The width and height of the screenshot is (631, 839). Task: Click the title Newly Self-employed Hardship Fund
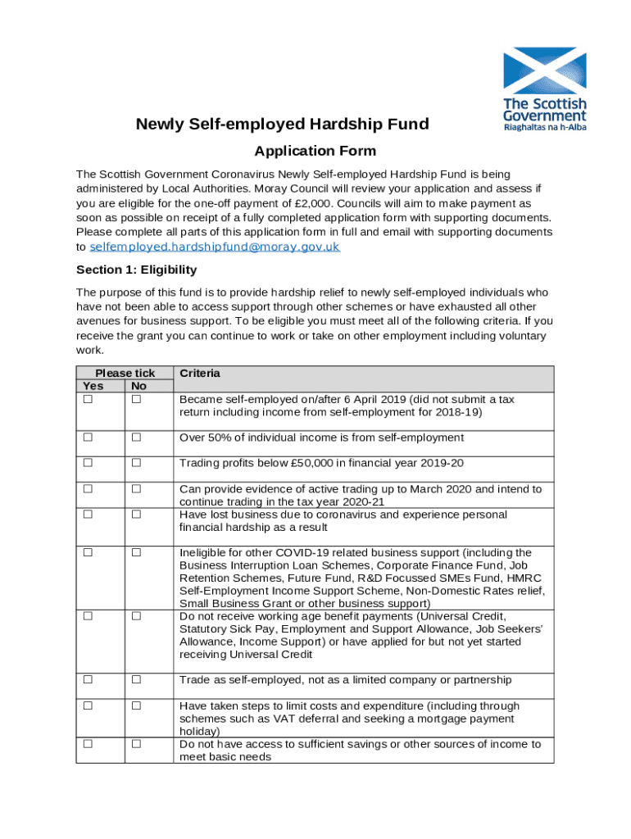pyautogui.click(x=282, y=125)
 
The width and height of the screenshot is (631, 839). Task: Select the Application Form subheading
pyautogui.click(x=315, y=151)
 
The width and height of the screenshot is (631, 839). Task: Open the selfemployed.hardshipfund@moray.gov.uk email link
pyautogui.click(x=214, y=247)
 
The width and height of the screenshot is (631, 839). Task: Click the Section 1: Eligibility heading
pyautogui.click(x=136, y=270)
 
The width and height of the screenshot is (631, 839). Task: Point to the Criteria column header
pyautogui.click(x=200, y=373)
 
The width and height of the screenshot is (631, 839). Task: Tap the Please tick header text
pyautogui.click(x=125, y=373)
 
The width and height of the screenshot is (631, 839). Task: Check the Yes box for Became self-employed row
pyautogui.click(x=87, y=399)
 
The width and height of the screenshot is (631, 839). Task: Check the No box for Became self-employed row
pyautogui.click(x=137, y=399)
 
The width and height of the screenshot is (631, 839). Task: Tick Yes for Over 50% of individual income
pyautogui.click(x=87, y=438)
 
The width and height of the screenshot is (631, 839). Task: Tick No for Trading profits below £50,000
pyautogui.click(x=137, y=463)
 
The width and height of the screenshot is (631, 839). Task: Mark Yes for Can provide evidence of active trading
pyautogui.click(x=87, y=489)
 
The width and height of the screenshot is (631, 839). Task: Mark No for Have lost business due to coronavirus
pyautogui.click(x=137, y=515)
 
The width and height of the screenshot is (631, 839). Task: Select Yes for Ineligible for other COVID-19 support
pyautogui.click(x=87, y=553)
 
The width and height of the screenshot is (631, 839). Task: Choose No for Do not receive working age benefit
pyautogui.click(x=137, y=615)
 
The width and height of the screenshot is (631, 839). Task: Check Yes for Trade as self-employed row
pyautogui.click(x=87, y=679)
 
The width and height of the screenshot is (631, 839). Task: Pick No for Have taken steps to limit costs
pyautogui.click(x=137, y=705)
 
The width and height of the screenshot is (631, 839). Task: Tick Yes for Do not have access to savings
pyautogui.click(x=87, y=744)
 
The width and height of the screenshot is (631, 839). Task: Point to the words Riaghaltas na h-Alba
pyautogui.click(x=545, y=128)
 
